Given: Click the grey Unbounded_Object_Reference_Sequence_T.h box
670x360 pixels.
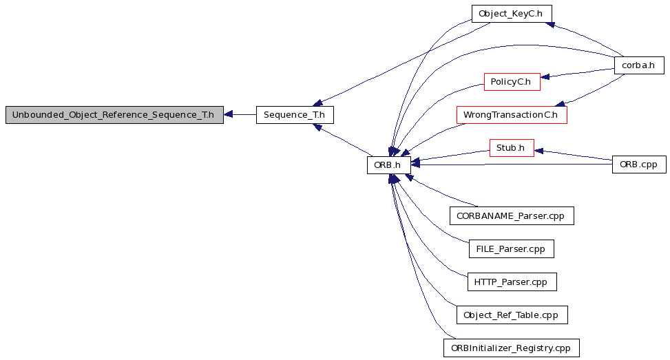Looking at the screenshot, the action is (114, 115).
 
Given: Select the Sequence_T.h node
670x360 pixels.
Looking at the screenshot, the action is (295, 115).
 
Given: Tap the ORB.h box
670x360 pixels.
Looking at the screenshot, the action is (389, 165).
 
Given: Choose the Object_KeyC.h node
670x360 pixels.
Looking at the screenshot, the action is (512, 14).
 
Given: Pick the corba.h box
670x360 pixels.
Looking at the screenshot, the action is (639, 65).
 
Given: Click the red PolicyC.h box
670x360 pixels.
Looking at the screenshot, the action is (512, 81).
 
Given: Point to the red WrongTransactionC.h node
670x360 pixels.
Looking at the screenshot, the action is (512, 115).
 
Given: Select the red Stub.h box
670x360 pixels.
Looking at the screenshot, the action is (512, 148).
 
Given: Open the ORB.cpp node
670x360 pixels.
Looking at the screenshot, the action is (639, 165).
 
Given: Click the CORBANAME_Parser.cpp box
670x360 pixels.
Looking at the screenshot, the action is (512, 216).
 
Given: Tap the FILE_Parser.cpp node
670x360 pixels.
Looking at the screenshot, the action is (512, 249).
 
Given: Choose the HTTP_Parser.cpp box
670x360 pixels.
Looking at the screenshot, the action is (512, 282).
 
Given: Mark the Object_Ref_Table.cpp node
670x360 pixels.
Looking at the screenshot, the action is (512, 315).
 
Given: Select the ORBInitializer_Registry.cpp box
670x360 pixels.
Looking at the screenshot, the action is (512, 348).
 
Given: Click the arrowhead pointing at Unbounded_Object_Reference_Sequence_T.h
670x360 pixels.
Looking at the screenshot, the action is (228, 114).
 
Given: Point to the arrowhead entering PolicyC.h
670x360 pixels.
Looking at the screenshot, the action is (545, 77).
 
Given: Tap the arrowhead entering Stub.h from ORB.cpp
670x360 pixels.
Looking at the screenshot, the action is (538, 151).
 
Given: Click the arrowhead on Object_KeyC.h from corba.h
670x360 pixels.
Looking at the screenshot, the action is (550, 25).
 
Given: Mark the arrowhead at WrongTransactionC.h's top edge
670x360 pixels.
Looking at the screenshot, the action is (560, 104).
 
